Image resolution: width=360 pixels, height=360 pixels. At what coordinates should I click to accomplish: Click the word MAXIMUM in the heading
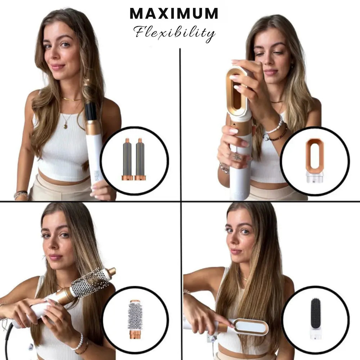pos(174,14)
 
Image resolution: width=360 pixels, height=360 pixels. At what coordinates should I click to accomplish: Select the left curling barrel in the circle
pos(127,159)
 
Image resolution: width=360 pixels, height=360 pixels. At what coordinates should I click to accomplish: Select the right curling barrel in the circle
pos(140,159)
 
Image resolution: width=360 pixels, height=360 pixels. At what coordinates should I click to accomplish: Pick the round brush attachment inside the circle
pos(135,319)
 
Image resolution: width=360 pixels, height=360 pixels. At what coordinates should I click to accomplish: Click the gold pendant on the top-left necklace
pos(66,126)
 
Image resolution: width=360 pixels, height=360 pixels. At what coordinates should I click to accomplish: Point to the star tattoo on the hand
pos(237,157)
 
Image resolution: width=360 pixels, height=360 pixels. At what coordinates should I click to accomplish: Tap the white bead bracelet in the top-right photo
pos(276,126)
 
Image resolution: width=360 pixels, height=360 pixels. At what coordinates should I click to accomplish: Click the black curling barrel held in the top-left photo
pos(91,111)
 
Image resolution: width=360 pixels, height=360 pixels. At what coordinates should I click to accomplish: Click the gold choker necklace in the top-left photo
pos(71,99)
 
